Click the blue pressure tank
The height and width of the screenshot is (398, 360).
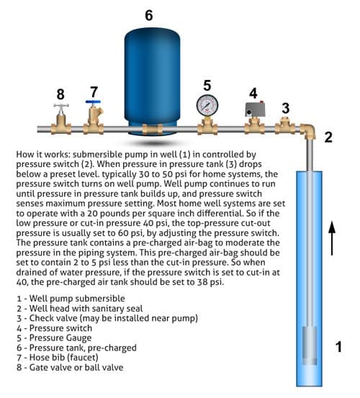[x=152, y=81]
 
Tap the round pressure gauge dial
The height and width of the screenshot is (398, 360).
[x=207, y=106]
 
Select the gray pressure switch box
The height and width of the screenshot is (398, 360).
[x=255, y=109]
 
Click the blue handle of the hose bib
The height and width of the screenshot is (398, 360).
[x=93, y=101]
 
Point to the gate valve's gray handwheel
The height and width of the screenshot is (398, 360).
[x=61, y=105]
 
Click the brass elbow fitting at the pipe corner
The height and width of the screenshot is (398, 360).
[x=307, y=131]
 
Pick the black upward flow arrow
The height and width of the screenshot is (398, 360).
[x=332, y=238]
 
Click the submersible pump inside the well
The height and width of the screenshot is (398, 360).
[x=310, y=345]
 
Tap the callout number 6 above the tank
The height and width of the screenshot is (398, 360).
[x=149, y=15]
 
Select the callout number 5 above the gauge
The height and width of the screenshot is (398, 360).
[x=207, y=86]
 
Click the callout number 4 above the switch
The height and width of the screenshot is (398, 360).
[x=253, y=93]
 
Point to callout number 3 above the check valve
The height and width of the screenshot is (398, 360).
[x=286, y=109]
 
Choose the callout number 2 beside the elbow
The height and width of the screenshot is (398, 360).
[x=328, y=137]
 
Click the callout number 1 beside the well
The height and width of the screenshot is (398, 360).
[x=338, y=347]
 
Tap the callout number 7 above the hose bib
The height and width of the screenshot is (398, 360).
[x=94, y=92]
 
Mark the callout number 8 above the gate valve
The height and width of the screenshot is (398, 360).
[x=60, y=94]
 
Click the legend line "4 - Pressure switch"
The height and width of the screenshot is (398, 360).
[x=54, y=328]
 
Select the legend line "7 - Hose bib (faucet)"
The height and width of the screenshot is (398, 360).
[x=58, y=358]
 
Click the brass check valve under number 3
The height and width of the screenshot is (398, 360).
[x=285, y=125]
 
